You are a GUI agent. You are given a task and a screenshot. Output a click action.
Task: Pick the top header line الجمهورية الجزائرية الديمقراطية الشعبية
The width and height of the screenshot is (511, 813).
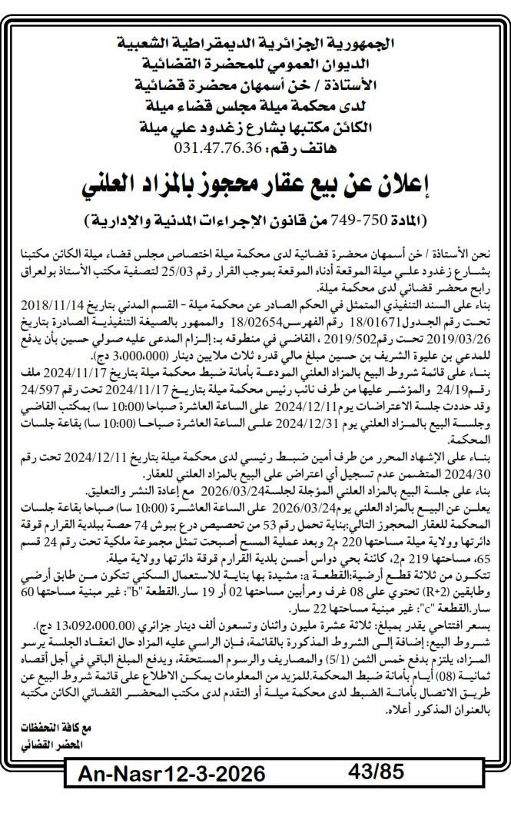pos(255,41)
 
